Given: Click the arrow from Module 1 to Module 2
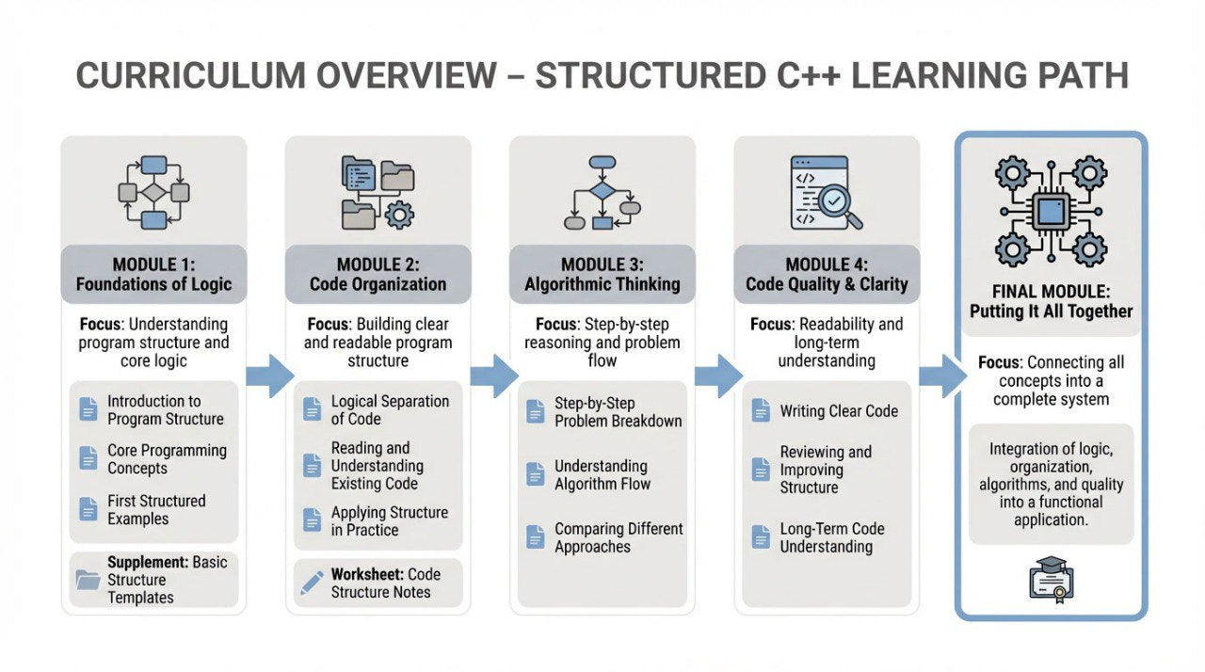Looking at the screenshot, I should click(269, 376).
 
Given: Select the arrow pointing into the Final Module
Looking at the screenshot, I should click(942, 376).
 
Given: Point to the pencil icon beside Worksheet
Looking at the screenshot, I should click(312, 583).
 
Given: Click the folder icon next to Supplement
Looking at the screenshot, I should click(88, 580).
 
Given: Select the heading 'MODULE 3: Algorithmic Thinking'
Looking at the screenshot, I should click(602, 274).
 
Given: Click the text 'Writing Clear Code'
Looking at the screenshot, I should click(839, 411).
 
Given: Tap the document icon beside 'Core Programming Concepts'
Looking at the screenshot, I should click(88, 459).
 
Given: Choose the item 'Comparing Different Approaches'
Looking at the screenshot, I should click(619, 537).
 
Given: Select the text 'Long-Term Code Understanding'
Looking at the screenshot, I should click(831, 537).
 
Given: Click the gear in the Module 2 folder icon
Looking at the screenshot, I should click(399, 215).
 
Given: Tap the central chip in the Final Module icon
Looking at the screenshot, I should click(1051, 210).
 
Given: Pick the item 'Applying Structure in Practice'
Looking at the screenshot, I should click(389, 521).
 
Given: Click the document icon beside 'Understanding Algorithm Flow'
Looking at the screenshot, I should click(536, 474).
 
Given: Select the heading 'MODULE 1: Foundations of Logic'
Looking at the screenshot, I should click(153, 274).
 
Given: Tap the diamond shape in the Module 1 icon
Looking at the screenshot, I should click(153, 192).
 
